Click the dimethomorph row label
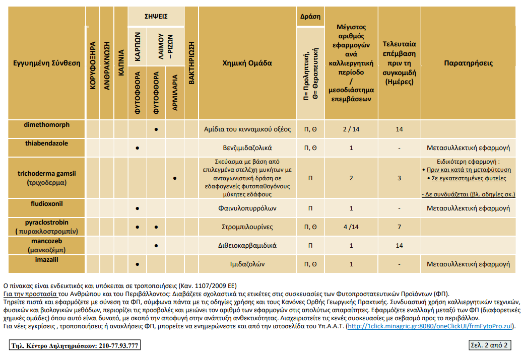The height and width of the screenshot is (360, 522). [x=46, y=125]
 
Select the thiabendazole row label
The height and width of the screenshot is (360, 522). [x=46, y=143]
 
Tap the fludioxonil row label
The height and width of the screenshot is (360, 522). [x=46, y=203]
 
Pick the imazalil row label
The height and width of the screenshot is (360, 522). [x=46, y=259]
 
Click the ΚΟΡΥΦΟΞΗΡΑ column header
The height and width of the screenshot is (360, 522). [x=93, y=65]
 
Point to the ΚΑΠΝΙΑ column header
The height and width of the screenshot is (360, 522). [x=121, y=62]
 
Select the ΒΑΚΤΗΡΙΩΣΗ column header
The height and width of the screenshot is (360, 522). [x=191, y=63]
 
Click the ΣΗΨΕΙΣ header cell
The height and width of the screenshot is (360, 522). [x=156, y=16]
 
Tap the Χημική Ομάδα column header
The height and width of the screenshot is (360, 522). [x=247, y=63]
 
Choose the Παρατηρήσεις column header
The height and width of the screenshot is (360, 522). [x=469, y=63]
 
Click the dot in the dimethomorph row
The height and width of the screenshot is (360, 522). [x=156, y=129]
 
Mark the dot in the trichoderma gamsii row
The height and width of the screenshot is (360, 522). [x=175, y=178]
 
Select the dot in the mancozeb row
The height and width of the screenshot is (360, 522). [x=156, y=246]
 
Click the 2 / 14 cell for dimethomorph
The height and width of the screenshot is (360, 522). [x=351, y=129]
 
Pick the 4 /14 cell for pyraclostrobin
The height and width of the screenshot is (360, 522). [x=351, y=227]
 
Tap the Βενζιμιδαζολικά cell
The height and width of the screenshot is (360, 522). [x=247, y=148]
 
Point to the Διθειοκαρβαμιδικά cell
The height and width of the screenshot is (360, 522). [x=247, y=246]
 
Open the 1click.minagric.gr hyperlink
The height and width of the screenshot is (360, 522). [x=430, y=326]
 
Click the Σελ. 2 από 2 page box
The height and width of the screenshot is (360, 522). [x=489, y=345]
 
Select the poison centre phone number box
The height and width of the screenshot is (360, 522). [x=75, y=345]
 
